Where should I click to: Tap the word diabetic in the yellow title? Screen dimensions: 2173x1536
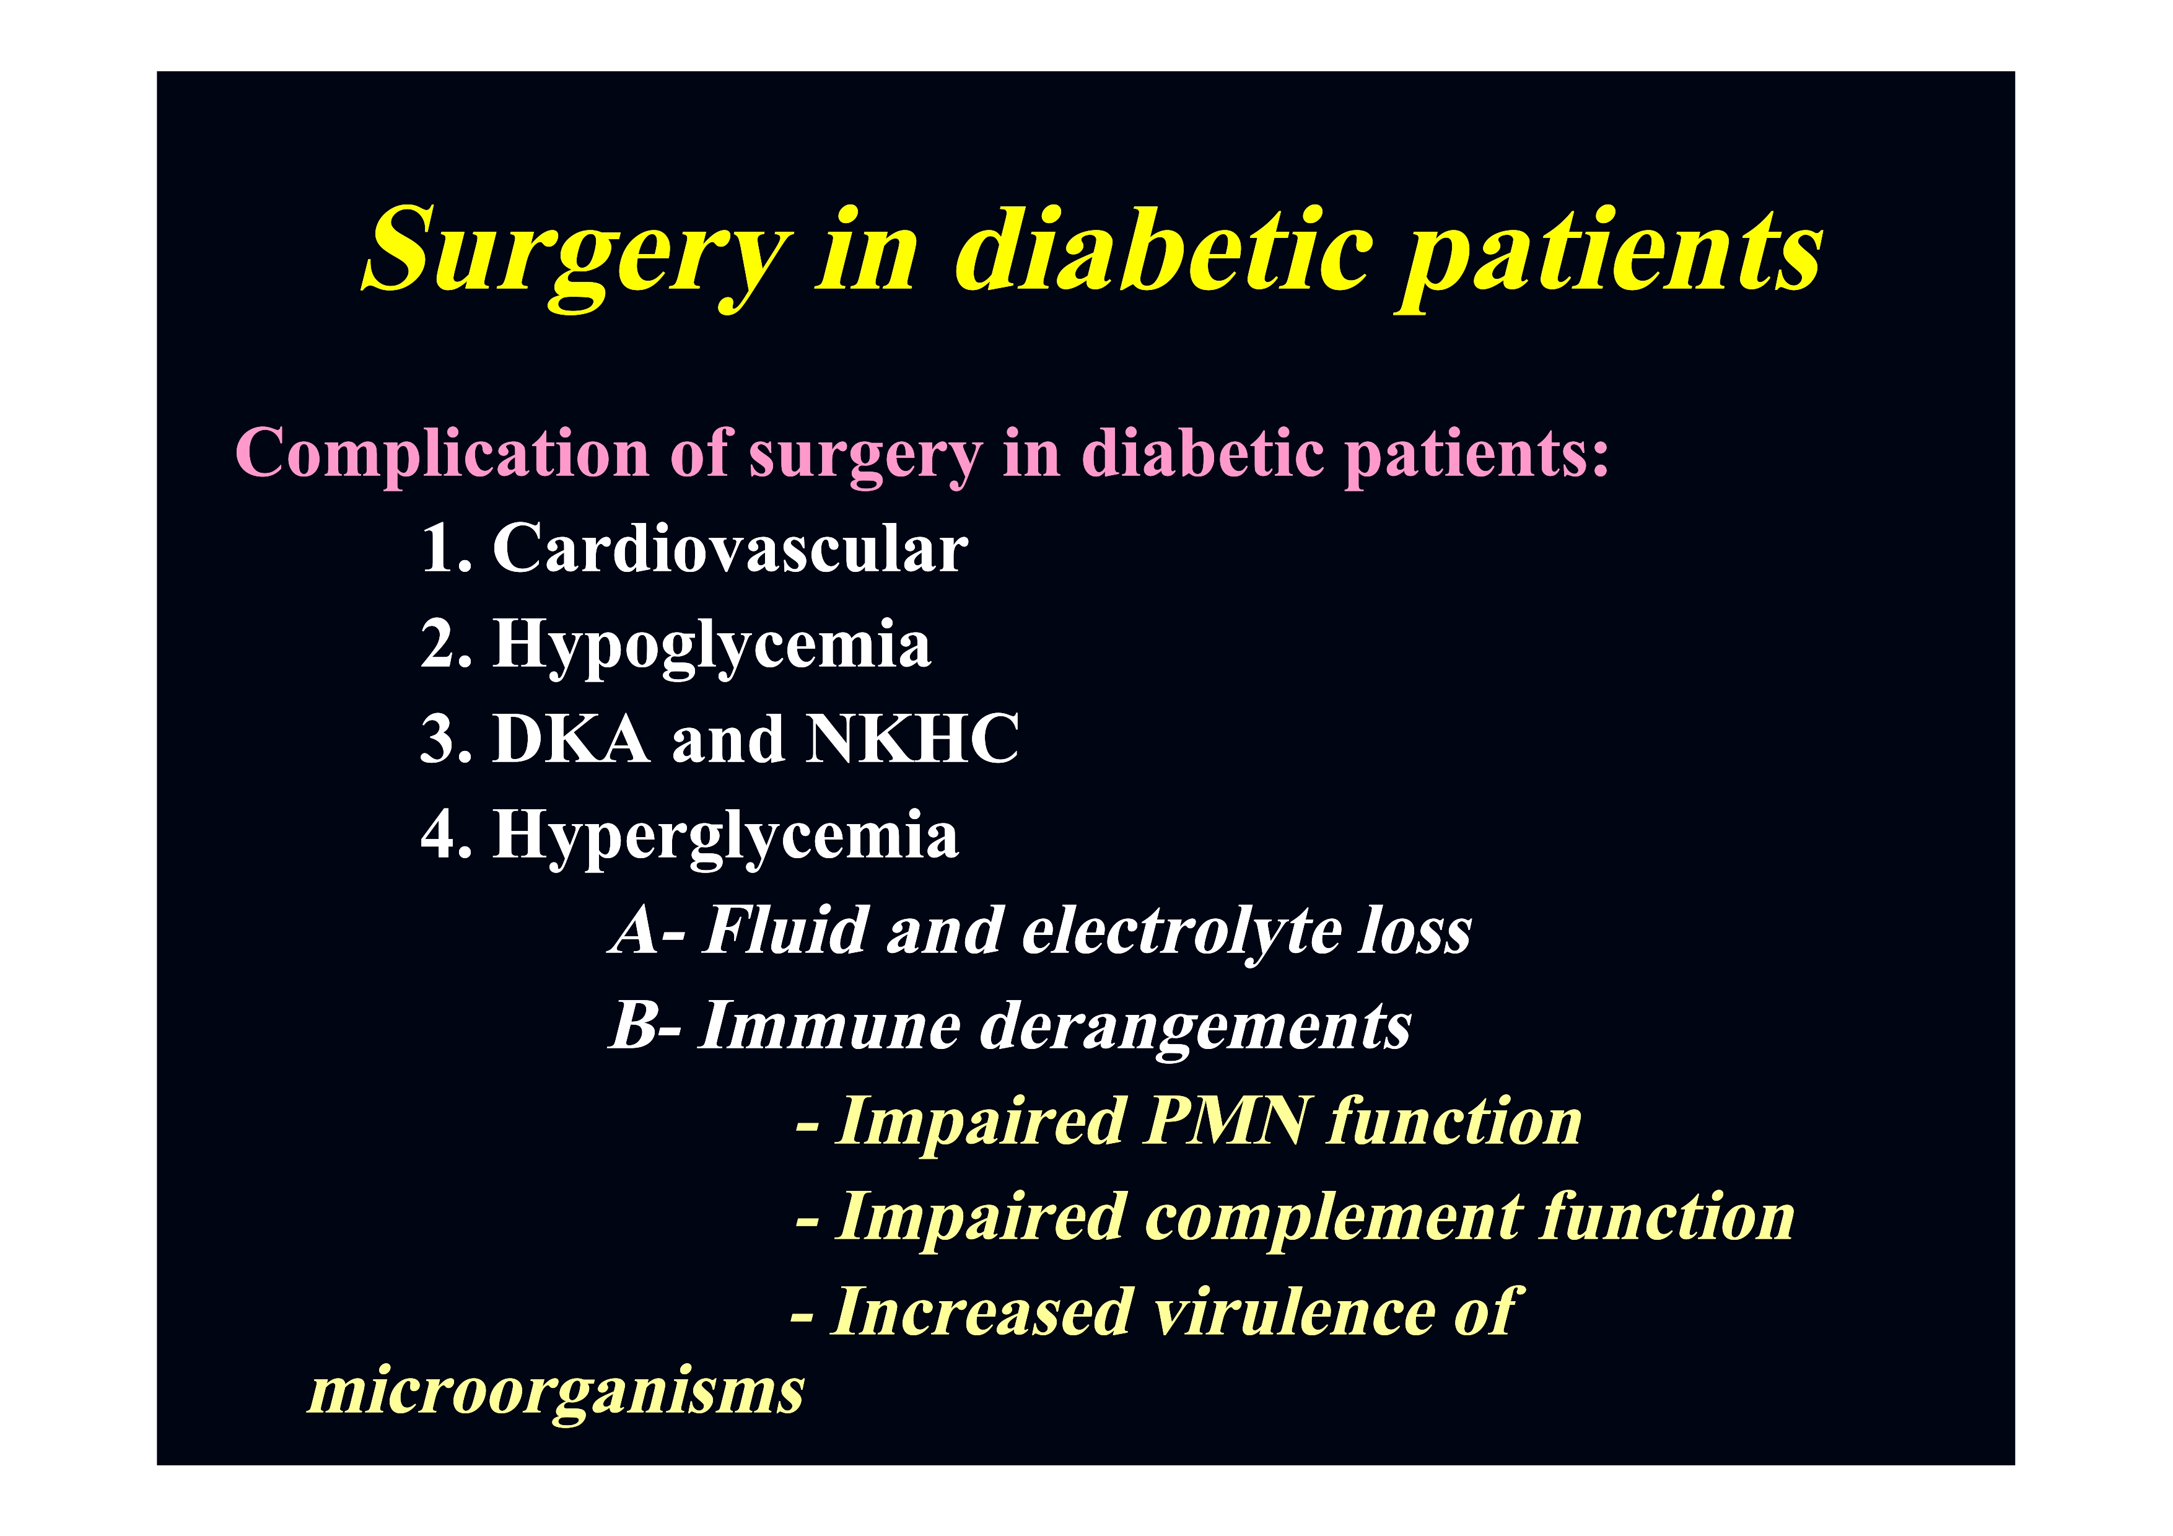[1163, 247]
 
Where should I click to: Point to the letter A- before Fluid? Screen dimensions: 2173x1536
[647, 929]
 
